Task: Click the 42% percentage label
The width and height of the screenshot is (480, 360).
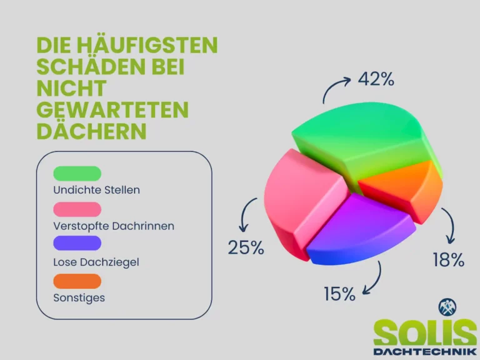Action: (x=376, y=79)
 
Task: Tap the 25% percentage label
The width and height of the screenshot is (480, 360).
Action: (x=246, y=247)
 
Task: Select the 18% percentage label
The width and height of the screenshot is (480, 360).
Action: (x=449, y=259)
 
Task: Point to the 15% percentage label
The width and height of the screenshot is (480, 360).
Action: (x=340, y=294)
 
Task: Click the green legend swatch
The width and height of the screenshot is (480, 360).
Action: (x=77, y=174)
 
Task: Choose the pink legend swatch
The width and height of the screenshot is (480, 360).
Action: (x=77, y=209)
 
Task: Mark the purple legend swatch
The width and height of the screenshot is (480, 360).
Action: (x=77, y=243)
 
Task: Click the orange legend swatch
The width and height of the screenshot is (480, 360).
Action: (x=77, y=281)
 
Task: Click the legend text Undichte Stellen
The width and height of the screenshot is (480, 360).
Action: (x=96, y=190)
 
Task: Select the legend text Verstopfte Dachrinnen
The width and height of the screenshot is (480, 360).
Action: (x=114, y=226)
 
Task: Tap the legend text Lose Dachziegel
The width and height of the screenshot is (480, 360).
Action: (x=96, y=262)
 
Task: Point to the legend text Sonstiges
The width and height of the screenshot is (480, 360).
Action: (x=79, y=298)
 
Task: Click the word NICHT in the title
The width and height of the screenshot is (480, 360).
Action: (x=72, y=88)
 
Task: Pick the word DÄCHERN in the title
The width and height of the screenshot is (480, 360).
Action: (x=91, y=131)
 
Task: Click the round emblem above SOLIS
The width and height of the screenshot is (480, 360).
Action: (x=447, y=307)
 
